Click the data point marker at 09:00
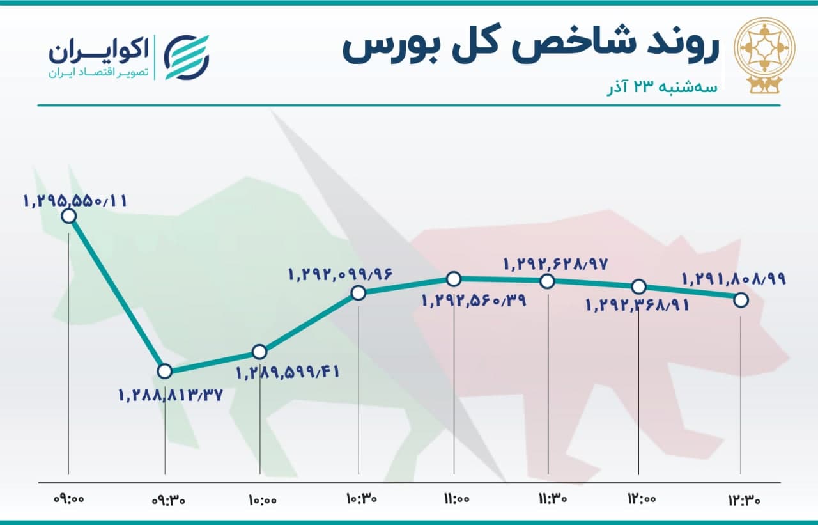tap(69, 216)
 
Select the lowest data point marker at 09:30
tap(165, 372)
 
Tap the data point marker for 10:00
tap(259, 352)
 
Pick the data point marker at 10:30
tap(359, 293)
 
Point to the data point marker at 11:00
tap(454, 279)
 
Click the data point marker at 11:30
tap(548, 281)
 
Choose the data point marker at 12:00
tap(638, 286)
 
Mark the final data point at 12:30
tap(741, 301)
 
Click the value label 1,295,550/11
tap(75, 201)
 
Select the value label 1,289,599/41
tap(288, 373)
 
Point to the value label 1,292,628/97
tap(556, 264)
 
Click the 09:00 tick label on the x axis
tap(69, 499)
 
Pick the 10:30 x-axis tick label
tap(362, 498)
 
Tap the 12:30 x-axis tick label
tap(745, 500)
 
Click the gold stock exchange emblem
tap(764, 55)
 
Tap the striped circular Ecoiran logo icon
tap(186, 58)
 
